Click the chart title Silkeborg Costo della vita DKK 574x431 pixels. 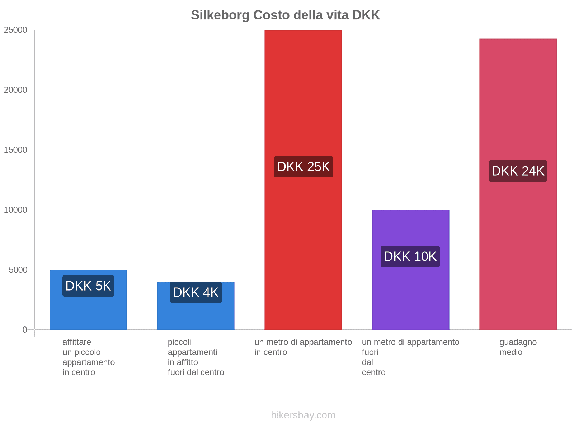click(x=285, y=15)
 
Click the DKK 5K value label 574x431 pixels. click(x=88, y=286)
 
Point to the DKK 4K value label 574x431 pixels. click(x=196, y=292)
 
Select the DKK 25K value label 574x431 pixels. click(x=303, y=167)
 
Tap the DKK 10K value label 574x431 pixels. click(x=410, y=256)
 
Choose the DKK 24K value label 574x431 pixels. click(x=518, y=171)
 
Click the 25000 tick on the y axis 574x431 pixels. click(x=16, y=30)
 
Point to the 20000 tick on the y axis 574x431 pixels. click(x=16, y=90)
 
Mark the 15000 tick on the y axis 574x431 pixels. click(x=16, y=150)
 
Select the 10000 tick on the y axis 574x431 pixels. click(x=16, y=210)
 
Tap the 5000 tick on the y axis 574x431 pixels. click(x=18, y=270)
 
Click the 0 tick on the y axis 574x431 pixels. click(x=25, y=330)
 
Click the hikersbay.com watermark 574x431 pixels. click(x=303, y=415)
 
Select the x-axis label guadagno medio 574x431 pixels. click(x=518, y=347)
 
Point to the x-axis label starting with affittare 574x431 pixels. click(x=88, y=357)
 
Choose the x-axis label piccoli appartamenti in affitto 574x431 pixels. click(x=196, y=357)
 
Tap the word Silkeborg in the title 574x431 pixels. click(x=220, y=15)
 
